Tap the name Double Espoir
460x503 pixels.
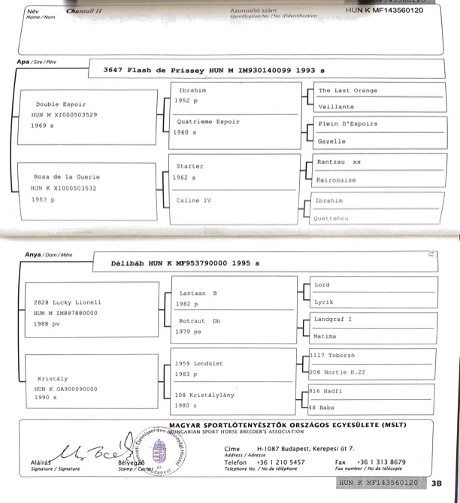(x=61, y=104)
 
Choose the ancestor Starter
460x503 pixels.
(x=189, y=166)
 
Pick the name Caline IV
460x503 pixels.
(x=192, y=201)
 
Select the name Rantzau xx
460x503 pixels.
(x=340, y=162)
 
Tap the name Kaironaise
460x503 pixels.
(x=338, y=180)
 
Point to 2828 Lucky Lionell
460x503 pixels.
(x=67, y=302)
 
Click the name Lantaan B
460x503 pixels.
(x=198, y=293)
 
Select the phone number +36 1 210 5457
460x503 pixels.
(x=281, y=462)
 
